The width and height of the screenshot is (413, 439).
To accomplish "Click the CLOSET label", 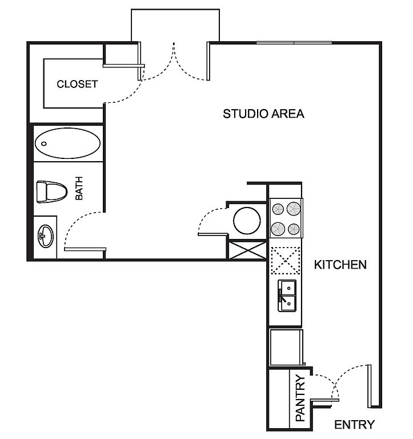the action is [77, 84].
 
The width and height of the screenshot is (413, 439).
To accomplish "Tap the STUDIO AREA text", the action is [263, 114].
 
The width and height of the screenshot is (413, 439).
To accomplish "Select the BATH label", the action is [79, 188].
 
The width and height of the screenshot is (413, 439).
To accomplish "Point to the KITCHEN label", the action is [340, 265].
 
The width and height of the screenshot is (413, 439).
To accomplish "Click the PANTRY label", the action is [300, 398].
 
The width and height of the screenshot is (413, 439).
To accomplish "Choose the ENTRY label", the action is [355, 425].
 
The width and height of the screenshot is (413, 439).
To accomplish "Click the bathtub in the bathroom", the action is [68, 143].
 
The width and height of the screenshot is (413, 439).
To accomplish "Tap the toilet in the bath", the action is [52, 192].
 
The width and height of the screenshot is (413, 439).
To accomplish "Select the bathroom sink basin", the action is [46, 236].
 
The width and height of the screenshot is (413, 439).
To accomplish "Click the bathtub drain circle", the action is [44, 143].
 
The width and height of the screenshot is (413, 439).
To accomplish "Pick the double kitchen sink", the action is [287, 296].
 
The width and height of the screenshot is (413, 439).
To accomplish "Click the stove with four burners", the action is [286, 218].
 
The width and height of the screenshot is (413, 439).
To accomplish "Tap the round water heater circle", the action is [247, 221].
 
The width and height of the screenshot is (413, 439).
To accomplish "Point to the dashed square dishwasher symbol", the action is [286, 261].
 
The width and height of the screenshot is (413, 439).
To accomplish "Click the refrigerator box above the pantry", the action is [286, 347].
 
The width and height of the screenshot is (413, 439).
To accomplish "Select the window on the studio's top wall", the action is [294, 43].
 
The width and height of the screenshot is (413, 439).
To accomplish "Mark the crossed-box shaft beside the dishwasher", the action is [247, 250].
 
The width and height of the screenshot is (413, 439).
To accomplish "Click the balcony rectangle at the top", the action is [175, 10].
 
